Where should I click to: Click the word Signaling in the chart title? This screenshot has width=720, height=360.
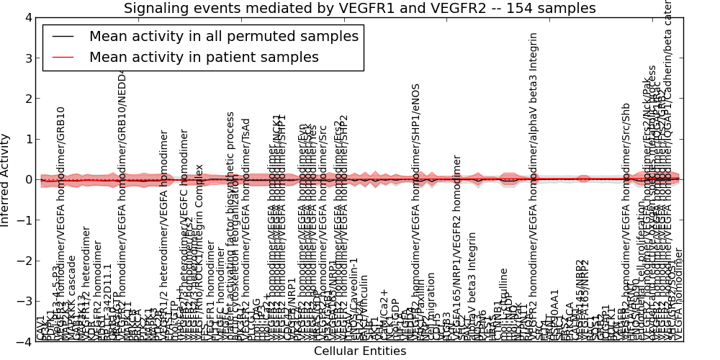(x=156, y=9)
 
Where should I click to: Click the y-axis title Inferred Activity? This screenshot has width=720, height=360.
(x=6, y=180)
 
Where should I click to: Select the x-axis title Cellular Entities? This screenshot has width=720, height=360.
(x=360, y=351)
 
